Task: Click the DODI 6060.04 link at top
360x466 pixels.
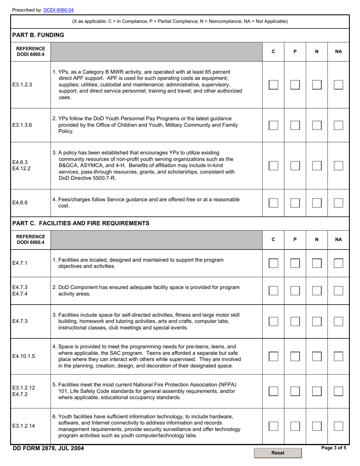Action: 58,10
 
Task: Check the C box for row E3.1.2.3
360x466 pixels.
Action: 273,85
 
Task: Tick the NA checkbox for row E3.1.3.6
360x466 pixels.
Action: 338,125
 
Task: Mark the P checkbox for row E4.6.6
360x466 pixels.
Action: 295,203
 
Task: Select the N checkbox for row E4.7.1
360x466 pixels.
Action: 317,263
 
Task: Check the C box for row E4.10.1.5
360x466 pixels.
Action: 273,356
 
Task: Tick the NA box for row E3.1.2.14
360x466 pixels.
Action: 338,426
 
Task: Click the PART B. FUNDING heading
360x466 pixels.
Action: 38,35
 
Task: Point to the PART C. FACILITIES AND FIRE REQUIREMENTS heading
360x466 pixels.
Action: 81,224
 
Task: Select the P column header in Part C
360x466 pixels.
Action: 295,239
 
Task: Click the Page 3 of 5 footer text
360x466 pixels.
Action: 333,448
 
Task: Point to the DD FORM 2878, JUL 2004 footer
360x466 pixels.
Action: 49,449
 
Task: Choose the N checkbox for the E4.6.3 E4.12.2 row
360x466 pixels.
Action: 317,166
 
